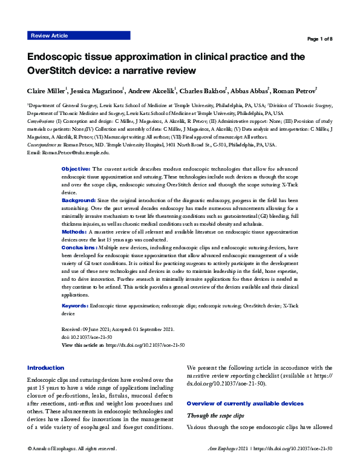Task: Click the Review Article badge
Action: (49, 36)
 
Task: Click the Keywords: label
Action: (76, 307)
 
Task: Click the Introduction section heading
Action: (46, 367)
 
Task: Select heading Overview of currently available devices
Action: (245, 403)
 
